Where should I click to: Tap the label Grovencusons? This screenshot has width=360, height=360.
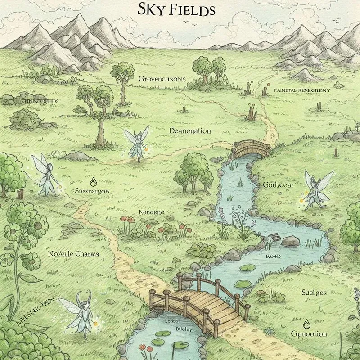[x=162, y=79]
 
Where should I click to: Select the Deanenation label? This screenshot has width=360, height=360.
[x=190, y=131]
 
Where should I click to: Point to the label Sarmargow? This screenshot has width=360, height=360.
[x=94, y=191]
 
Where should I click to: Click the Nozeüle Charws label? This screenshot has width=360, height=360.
[x=73, y=253]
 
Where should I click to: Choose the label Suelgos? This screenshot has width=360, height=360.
[x=314, y=292]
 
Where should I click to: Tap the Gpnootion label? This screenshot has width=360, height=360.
[x=309, y=334]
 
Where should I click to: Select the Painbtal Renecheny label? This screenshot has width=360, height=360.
[x=302, y=90]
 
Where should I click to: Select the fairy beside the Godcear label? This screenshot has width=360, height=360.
[x=318, y=189]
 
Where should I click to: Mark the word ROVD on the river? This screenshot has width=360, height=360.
[x=273, y=256]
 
